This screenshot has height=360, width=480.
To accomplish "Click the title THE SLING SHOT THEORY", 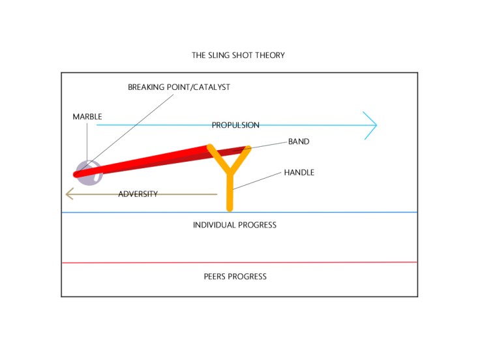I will click(x=238, y=55).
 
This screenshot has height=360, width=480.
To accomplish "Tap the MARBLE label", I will click(x=87, y=117).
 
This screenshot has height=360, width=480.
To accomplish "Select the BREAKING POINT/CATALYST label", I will click(x=179, y=87).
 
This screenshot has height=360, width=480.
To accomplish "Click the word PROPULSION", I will click(x=235, y=125).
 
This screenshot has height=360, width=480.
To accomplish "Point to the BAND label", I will click(x=299, y=142).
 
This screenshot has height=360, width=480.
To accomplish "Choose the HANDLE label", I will click(x=299, y=173).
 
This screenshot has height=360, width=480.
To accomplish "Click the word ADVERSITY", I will click(x=138, y=194).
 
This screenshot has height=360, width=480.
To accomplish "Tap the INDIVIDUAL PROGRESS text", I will click(x=235, y=225).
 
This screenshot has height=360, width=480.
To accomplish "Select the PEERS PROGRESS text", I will click(x=235, y=277).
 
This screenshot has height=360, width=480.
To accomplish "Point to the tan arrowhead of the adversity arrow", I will click(x=69, y=194).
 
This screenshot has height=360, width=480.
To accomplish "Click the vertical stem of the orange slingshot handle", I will click(x=230, y=192).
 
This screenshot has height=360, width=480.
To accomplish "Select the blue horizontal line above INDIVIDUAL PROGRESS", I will click(x=326, y=213).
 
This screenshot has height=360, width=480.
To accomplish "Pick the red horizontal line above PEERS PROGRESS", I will click(x=326, y=263).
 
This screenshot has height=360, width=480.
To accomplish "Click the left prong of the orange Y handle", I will click(x=218, y=157).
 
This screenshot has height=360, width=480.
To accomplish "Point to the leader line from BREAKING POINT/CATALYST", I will click(x=130, y=130).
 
